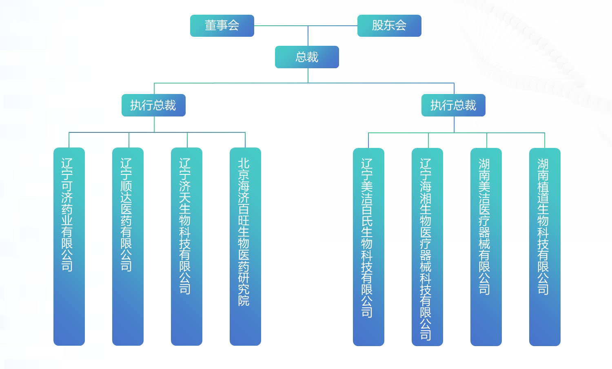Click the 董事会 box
click(222, 26)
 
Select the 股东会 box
click(389, 26)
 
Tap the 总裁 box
click(307, 57)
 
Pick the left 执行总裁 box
click(153, 105)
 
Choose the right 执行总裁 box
click(453, 105)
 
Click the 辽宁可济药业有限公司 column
click(69, 246)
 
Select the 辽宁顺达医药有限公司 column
click(128, 246)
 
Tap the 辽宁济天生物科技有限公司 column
click(186, 246)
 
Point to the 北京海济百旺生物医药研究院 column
click(245, 246)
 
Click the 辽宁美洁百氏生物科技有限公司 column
click(368, 246)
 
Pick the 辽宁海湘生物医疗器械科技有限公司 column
click(427, 246)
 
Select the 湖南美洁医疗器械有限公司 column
click(486, 246)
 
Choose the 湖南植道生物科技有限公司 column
click(545, 246)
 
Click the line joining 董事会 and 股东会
click(286, 26)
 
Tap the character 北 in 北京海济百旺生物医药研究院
click(244, 163)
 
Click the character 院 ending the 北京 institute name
click(244, 301)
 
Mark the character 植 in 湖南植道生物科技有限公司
click(543, 187)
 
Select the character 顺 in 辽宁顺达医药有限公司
click(126, 186)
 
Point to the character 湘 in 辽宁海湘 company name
click(426, 198)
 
